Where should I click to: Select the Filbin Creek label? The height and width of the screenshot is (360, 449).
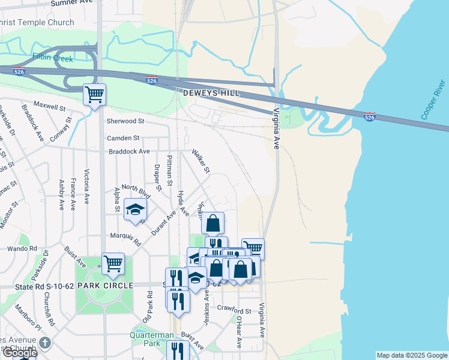coord(52,59)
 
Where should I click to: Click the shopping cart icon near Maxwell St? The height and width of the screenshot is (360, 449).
coord(94,94)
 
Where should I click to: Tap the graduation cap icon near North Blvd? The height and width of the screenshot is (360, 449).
coord(135,209)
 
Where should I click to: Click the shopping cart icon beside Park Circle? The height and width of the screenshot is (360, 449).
coord(113,263)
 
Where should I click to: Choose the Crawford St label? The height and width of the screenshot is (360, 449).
coord(234,311)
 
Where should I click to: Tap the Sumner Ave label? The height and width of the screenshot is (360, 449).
coord(72,3)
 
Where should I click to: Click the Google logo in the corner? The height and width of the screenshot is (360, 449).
coord(19,353)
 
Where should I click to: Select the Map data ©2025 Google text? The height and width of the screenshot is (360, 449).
coord(411,355)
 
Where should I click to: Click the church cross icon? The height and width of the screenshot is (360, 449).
coord(45,343)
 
